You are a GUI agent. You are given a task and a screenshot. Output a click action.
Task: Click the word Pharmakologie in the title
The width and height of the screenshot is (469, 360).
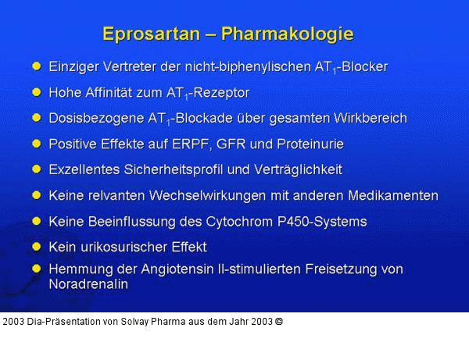[288, 34]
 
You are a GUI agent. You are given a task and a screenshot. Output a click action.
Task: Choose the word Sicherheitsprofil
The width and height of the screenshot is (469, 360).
[176, 169]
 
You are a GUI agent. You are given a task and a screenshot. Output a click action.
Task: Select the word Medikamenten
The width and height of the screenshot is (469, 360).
[395, 195]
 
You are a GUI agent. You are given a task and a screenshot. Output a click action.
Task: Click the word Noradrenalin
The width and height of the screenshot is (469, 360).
[88, 284]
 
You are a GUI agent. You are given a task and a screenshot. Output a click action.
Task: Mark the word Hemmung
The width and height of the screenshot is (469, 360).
[77, 269]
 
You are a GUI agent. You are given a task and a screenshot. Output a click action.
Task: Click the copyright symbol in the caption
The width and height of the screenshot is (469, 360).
[279, 321]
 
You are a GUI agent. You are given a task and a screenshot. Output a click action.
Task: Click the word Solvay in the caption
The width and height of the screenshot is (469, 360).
[147, 321]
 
